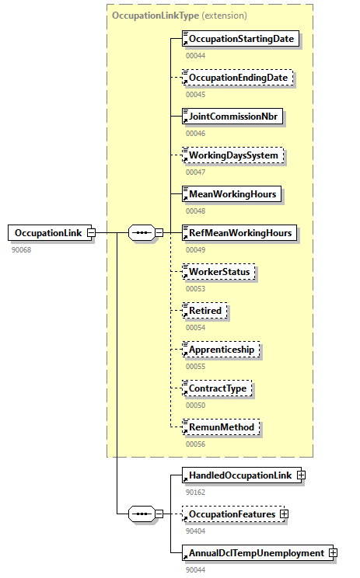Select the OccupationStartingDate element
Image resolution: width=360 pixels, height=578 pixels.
[240, 38]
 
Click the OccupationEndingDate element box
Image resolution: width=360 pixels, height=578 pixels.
[237, 78]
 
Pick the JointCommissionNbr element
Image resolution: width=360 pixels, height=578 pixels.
[232, 117]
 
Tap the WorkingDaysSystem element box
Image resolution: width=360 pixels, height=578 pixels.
[232, 155]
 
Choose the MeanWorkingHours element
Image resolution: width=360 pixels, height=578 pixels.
[230, 193]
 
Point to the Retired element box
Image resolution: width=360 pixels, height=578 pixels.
[204, 311]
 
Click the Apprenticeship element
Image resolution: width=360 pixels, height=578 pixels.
[221, 350]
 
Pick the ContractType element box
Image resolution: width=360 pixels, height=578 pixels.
[218, 388]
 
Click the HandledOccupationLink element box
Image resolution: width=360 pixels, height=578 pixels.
[240, 475]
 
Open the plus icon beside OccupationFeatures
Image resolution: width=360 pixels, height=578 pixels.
[285, 514]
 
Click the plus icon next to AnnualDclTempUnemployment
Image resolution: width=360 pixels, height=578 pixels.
[334, 552]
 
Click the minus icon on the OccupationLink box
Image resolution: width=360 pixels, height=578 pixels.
[91, 232]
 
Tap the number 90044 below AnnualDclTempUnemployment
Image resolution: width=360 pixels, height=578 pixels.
[195, 569]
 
